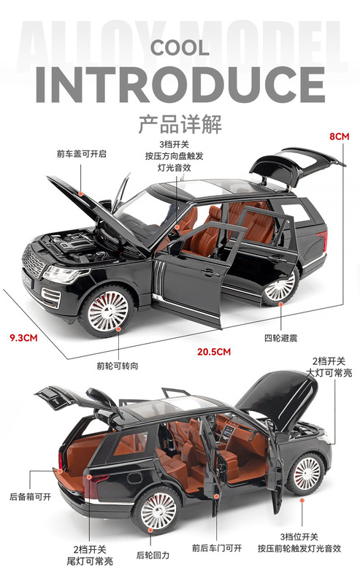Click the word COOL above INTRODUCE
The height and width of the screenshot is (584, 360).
click(x=180, y=48)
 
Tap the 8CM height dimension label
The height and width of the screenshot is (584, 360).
click(x=340, y=137)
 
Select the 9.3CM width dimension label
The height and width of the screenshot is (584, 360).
click(x=23, y=338)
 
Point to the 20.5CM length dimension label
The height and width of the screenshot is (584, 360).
click(x=214, y=352)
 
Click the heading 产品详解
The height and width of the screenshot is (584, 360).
click(x=180, y=124)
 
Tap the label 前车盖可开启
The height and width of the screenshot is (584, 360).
click(x=81, y=154)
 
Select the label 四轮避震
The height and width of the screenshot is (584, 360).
click(x=280, y=338)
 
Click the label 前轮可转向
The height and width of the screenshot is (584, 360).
click(x=118, y=366)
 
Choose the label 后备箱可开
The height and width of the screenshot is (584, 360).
click(x=30, y=496)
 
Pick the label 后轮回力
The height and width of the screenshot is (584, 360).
click(x=153, y=556)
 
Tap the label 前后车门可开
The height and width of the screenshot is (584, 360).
click(x=217, y=548)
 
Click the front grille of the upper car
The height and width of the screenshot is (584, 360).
click(x=33, y=262)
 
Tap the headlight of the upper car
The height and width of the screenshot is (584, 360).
click(x=62, y=274)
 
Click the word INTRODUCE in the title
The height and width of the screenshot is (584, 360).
click(x=180, y=85)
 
